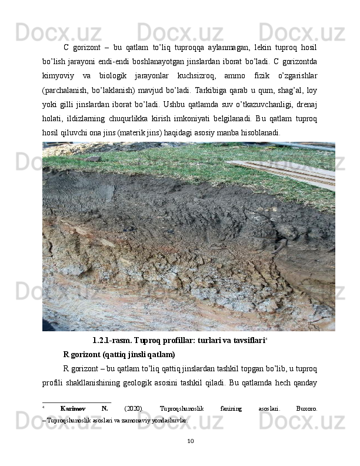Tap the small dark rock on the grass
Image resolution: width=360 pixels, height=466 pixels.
[94, 158]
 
